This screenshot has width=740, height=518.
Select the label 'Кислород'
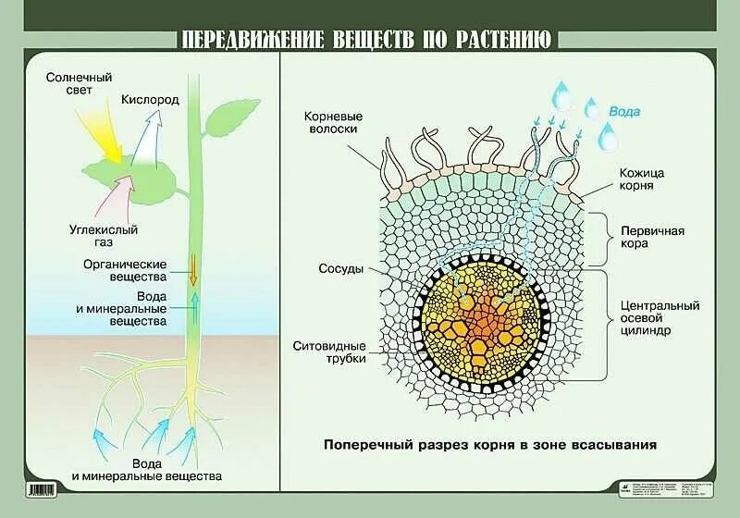[x=149, y=99]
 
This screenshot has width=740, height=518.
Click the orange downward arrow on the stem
[x=193, y=272]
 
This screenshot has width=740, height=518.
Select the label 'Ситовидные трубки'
[x=329, y=351]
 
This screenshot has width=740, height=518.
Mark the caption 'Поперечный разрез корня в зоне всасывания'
[x=490, y=444]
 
